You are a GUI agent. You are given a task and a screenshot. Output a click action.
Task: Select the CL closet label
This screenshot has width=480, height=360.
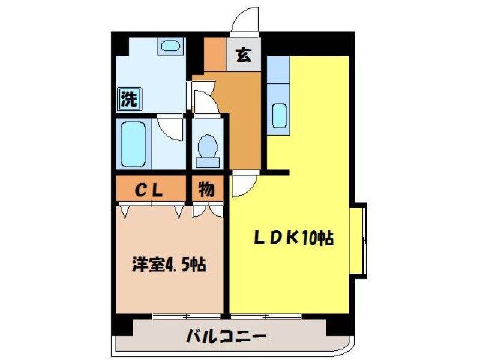point(148,191)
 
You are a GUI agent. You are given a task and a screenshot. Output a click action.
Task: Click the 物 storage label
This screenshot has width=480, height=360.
point(206,191)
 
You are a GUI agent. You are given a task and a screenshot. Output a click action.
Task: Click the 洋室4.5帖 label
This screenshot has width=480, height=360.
point(169,264)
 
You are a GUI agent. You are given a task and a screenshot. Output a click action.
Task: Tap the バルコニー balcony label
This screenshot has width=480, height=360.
point(226,335)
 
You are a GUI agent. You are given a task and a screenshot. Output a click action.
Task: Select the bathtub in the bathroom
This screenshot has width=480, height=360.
point(133,145)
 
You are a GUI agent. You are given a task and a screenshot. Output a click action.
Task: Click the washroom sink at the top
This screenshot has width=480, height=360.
point(171,46)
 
